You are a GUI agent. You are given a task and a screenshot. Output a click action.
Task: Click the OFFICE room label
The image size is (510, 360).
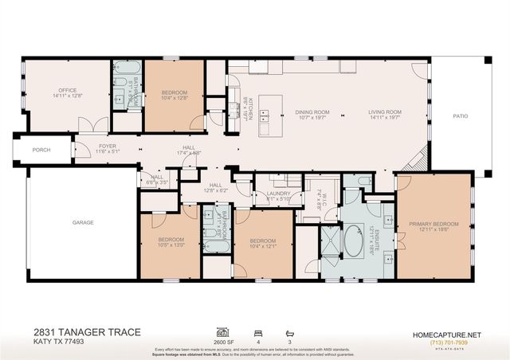click(67, 91)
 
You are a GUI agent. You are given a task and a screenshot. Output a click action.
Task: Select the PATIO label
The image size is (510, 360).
click(461, 116)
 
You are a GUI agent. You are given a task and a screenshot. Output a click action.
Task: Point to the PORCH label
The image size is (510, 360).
click(41, 150)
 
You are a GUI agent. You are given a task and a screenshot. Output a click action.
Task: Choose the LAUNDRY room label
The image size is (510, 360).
click(278, 193)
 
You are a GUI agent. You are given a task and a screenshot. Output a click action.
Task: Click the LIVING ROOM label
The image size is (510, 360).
click(383, 112)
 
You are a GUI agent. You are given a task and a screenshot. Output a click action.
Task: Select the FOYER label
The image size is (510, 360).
click(108, 146)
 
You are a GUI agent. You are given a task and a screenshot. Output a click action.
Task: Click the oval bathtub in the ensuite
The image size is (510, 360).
click(352, 241)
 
